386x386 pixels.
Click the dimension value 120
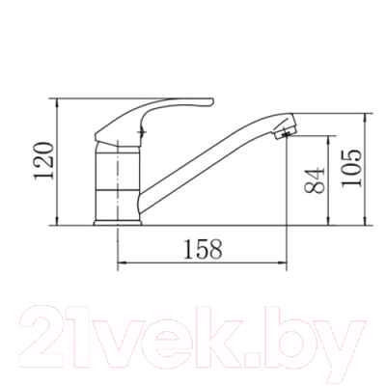pos(43,160)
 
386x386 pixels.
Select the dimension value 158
pos(203,249)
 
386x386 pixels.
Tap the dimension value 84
pos(314,180)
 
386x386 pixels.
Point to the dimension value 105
pos(351,168)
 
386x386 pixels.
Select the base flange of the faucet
pos(118,223)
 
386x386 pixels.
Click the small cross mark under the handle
pos(141,132)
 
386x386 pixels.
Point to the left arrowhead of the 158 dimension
pos(121,263)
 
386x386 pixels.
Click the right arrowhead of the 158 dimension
pos(284,263)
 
